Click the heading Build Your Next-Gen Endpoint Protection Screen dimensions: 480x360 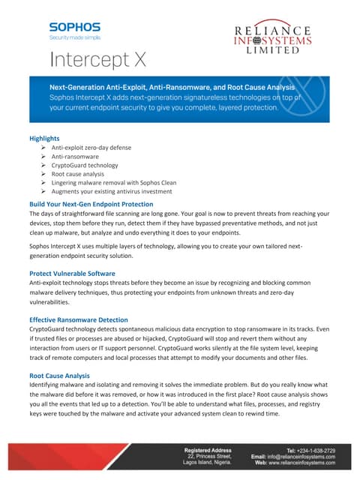tap(91, 204)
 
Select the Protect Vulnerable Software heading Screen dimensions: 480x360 tap(72, 274)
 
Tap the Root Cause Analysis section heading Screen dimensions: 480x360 tap(59, 376)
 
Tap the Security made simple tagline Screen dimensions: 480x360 tap(74, 36)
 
